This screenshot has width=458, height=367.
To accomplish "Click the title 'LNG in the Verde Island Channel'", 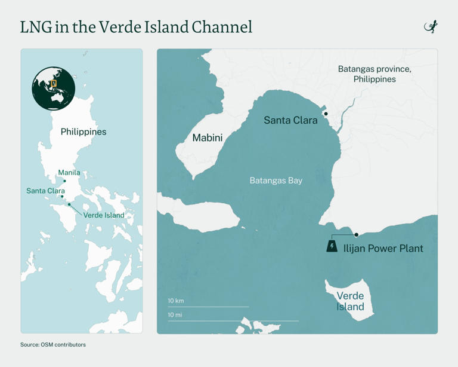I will [x=136, y=27].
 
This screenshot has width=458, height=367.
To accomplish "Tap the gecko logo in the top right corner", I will [x=431, y=27].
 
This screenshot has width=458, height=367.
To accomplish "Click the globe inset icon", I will [x=54, y=88].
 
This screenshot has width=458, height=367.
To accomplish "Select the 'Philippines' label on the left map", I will [x=83, y=131].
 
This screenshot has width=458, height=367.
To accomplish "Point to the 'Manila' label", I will [x=69, y=173].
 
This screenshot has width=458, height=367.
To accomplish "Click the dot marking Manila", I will [x=65, y=181].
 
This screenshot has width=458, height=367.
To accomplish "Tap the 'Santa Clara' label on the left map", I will [x=45, y=191].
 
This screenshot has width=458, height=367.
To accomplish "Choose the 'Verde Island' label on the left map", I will [x=104, y=215].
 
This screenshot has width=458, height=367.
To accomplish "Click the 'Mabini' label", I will [x=208, y=138].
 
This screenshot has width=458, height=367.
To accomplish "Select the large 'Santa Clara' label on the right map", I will [x=290, y=120].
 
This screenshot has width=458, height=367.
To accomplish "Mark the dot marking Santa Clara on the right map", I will [x=326, y=114].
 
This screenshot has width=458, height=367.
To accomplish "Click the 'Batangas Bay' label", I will [x=276, y=181].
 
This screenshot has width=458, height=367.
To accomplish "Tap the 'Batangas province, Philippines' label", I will [x=375, y=74].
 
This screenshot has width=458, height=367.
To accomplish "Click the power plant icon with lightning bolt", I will [x=332, y=246].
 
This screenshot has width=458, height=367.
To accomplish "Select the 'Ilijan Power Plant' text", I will [x=383, y=248].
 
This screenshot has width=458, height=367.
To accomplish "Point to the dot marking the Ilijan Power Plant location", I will [x=357, y=235].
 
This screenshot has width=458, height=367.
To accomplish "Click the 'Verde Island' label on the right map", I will [x=350, y=301].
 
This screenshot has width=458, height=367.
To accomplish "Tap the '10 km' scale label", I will [x=176, y=301].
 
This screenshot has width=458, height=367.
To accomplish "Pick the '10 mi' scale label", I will [x=175, y=314].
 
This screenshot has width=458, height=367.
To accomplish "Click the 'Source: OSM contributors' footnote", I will [x=53, y=344].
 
